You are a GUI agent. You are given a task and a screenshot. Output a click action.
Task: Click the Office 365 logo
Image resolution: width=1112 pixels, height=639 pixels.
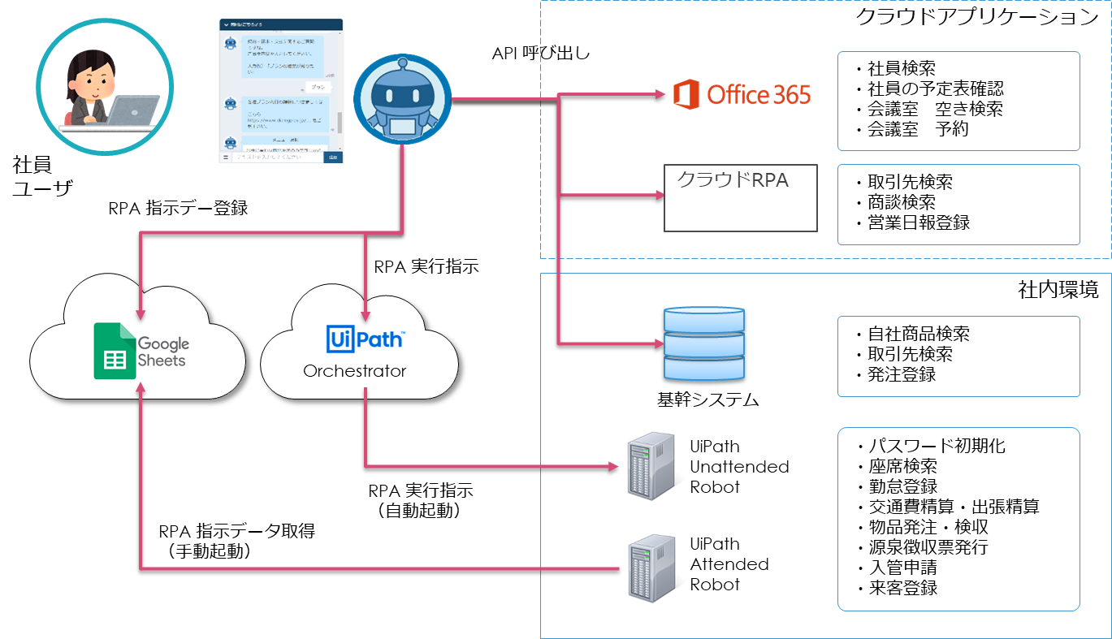[742, 95]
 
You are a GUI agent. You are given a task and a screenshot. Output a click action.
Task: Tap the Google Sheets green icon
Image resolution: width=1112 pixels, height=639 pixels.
[114, 351]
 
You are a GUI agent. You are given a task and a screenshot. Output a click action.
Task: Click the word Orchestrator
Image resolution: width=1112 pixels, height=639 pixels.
[354, 371]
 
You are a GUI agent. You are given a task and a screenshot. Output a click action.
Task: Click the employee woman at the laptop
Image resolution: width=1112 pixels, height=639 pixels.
[104, 88]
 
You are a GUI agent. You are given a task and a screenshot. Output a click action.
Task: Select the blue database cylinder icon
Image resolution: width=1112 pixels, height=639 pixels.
[703, 344]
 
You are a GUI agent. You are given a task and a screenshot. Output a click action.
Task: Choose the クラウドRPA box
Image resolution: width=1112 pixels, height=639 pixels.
[741, 198]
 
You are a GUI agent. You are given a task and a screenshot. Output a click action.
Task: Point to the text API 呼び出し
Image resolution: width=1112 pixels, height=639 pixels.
[541, 54]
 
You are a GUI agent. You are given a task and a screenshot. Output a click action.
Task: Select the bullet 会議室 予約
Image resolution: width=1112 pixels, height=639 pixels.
[917, 128]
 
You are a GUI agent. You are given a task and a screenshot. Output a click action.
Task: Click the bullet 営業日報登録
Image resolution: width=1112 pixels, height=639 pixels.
[918, 222]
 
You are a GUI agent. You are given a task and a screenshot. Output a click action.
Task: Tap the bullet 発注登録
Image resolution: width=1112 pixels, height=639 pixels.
[901, 374]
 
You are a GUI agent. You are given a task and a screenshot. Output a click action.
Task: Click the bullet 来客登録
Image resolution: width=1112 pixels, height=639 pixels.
[901, 588]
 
